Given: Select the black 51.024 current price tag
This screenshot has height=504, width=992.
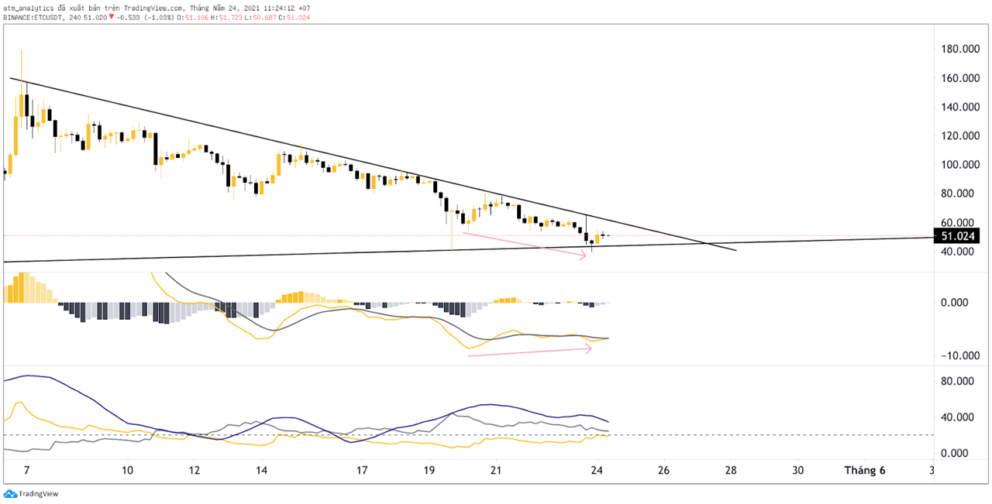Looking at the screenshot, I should (x=959, y=236).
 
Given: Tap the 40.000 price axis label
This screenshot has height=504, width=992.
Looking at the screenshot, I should (x=958, y=252).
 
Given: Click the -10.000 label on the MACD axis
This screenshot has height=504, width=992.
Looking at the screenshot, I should (x=956, y=355).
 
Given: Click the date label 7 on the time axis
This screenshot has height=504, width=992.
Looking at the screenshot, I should (x=26, y=471).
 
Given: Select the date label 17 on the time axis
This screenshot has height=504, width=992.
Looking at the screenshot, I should (x=362, y=471).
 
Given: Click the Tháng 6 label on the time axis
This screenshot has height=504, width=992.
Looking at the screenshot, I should (x=865, y=471).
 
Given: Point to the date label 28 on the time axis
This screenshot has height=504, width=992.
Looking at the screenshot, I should (x=731, y=471).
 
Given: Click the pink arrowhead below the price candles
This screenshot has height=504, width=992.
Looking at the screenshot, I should (x=583, y=255).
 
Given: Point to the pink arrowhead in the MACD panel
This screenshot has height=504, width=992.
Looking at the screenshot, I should (x=589, y=349).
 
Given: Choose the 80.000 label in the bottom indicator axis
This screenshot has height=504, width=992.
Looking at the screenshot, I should (x=958, y=382).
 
